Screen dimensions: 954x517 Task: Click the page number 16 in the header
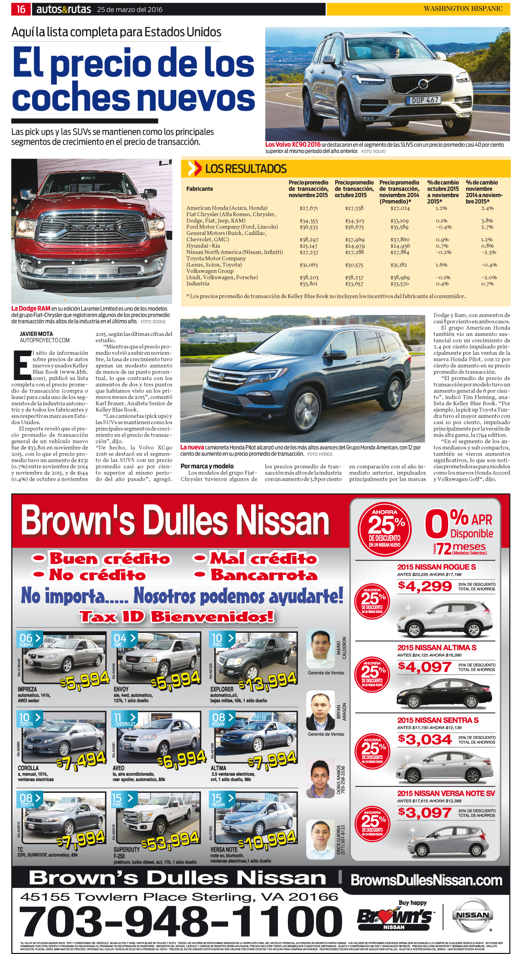coord(21,9)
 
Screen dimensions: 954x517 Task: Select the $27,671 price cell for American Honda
coord(309,208)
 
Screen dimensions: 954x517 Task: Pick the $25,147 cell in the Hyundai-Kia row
coord(309,246)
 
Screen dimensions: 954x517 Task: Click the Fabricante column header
coord(200,189)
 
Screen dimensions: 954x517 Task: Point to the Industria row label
coord(198,284)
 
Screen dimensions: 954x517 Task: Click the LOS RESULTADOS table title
coord(246,169)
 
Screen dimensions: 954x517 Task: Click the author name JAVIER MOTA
coord(36,334)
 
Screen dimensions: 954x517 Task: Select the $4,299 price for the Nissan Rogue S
coord(425,586)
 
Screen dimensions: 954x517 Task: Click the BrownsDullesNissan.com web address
coord(427,880)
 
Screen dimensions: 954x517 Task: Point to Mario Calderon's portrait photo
coord(320,648)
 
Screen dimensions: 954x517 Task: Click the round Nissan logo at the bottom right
coord(472,915)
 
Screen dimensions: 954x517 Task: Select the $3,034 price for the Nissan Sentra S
coord(425,739)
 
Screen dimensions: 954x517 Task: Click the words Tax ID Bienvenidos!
coord(176,616)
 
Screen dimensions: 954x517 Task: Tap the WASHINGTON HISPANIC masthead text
coord(463,9)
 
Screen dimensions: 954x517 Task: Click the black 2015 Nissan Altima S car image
coord(444,692)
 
